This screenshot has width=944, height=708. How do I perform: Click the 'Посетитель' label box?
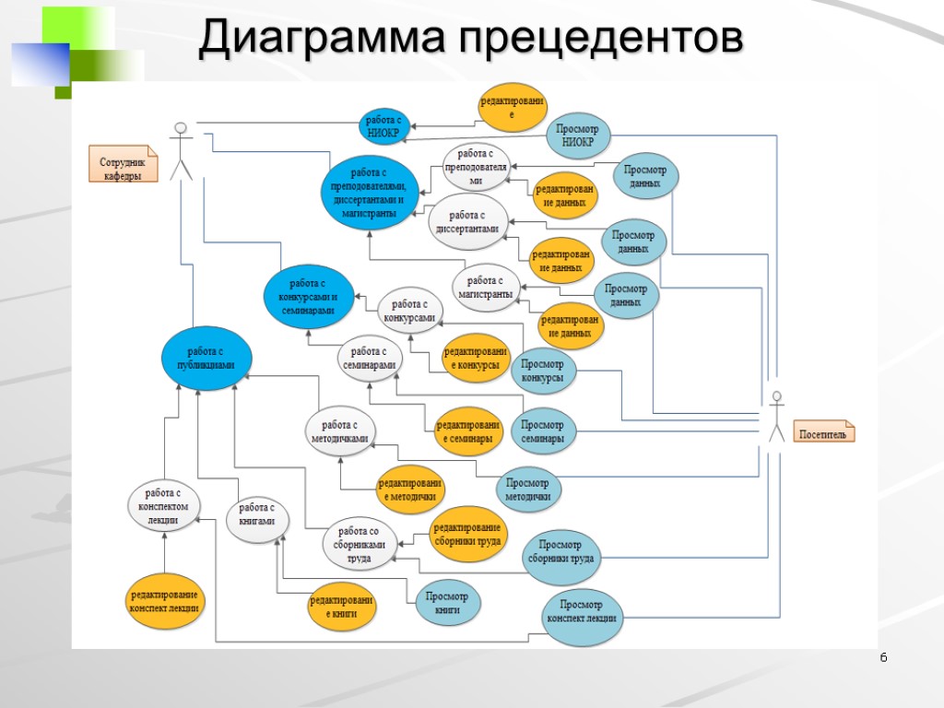(x=824, y=433)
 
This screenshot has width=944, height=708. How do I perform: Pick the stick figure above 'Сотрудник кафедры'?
(x=182, y=149)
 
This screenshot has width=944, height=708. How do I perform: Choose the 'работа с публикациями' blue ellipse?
(x=206, y=358)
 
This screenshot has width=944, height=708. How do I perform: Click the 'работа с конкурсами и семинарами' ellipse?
(x=308, y=297)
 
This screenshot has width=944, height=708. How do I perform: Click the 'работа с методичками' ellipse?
(x=339, y=431)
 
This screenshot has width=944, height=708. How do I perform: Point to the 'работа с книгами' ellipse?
(x=257, y=514)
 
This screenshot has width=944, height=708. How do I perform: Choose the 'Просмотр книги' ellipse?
(x=447, y=603)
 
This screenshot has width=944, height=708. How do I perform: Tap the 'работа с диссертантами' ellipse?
(x=467, y=222)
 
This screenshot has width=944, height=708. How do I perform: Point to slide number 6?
(x=883, y=657)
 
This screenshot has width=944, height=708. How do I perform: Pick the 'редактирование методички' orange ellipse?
(x=409, y=490)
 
